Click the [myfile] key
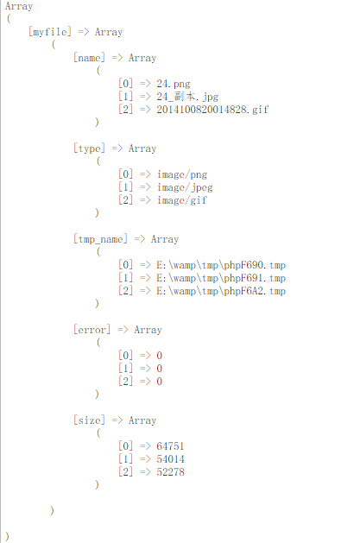coord(50,32)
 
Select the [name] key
coord(89,58)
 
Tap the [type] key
coord(89,148)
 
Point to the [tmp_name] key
coord(100,239)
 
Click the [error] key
coord(92,329)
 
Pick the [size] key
coord(89,420)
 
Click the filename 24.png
coord(173,84)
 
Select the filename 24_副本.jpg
coord(187,97)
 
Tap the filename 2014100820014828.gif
coord(212,110)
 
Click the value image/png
coord(182,174)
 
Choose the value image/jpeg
coord(185,187)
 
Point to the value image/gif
coord(182,200)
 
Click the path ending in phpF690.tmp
coord(221,265)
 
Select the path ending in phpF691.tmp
coord(221,278)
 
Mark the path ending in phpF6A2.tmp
coord(221,291)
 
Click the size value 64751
coord(170,446)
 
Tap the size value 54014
coord(170,459)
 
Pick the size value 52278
coord(170,471)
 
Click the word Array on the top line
coord(19,6)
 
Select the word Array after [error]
coord(148,330)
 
